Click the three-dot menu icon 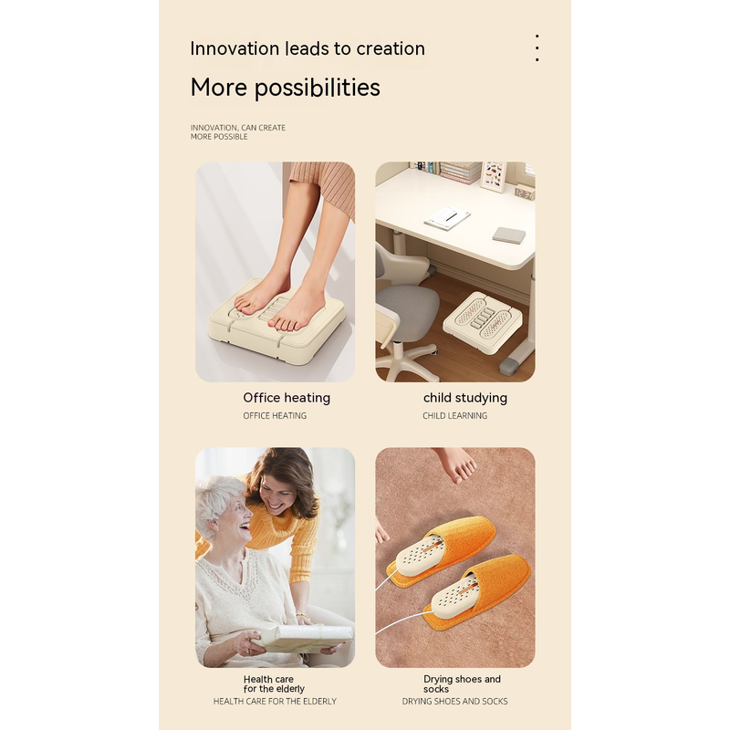pyautogui.click(x=537, y=47)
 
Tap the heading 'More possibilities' pyautogui.click(x=285, y=88)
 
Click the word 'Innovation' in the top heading pyautogui.click(x=235, y=48)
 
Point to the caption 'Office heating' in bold pyautogui.click(x=287, y=398)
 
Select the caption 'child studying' pyautogui.click(x=465, y=398)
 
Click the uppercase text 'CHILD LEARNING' pyautogui.click(x=454, y=416)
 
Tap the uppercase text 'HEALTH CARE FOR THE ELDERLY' pyautogui.click(x=275, y=701)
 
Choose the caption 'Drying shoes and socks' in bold pyautogui.click(x=462, y=683)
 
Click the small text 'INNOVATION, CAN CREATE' pyautogui.click(x=238, y=128)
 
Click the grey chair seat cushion pyautogui.click(x=407, y=307)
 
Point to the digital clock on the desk pyautogui.click(x=524, y=193)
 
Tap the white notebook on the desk pyautogui.click(x=447, y=218)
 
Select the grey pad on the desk pyautogui.click(x=509, y=235)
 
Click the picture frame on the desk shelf pyautogui.click(x=494, y=176)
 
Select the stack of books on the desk pyautogui.click(x=461, y=172)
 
